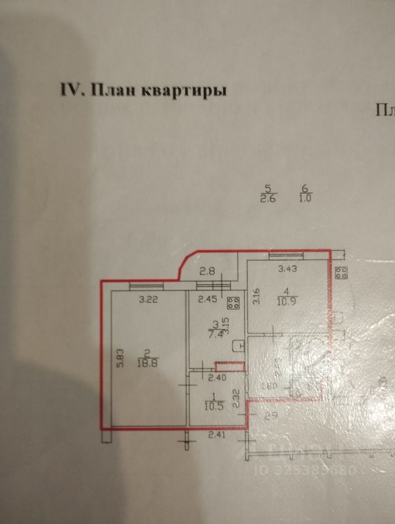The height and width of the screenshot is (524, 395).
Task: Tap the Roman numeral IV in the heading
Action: click(x=69, y=90)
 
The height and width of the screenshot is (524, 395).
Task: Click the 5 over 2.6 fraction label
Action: click(x=269, y=194)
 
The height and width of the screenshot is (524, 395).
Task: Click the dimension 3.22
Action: click(x=148, y=299)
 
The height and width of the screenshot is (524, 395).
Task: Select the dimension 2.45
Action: click(x=208, y=299)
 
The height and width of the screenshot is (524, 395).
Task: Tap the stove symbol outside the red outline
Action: click(x=343, y=272)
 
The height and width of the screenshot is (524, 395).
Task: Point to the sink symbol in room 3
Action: click(x=238, y=346)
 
